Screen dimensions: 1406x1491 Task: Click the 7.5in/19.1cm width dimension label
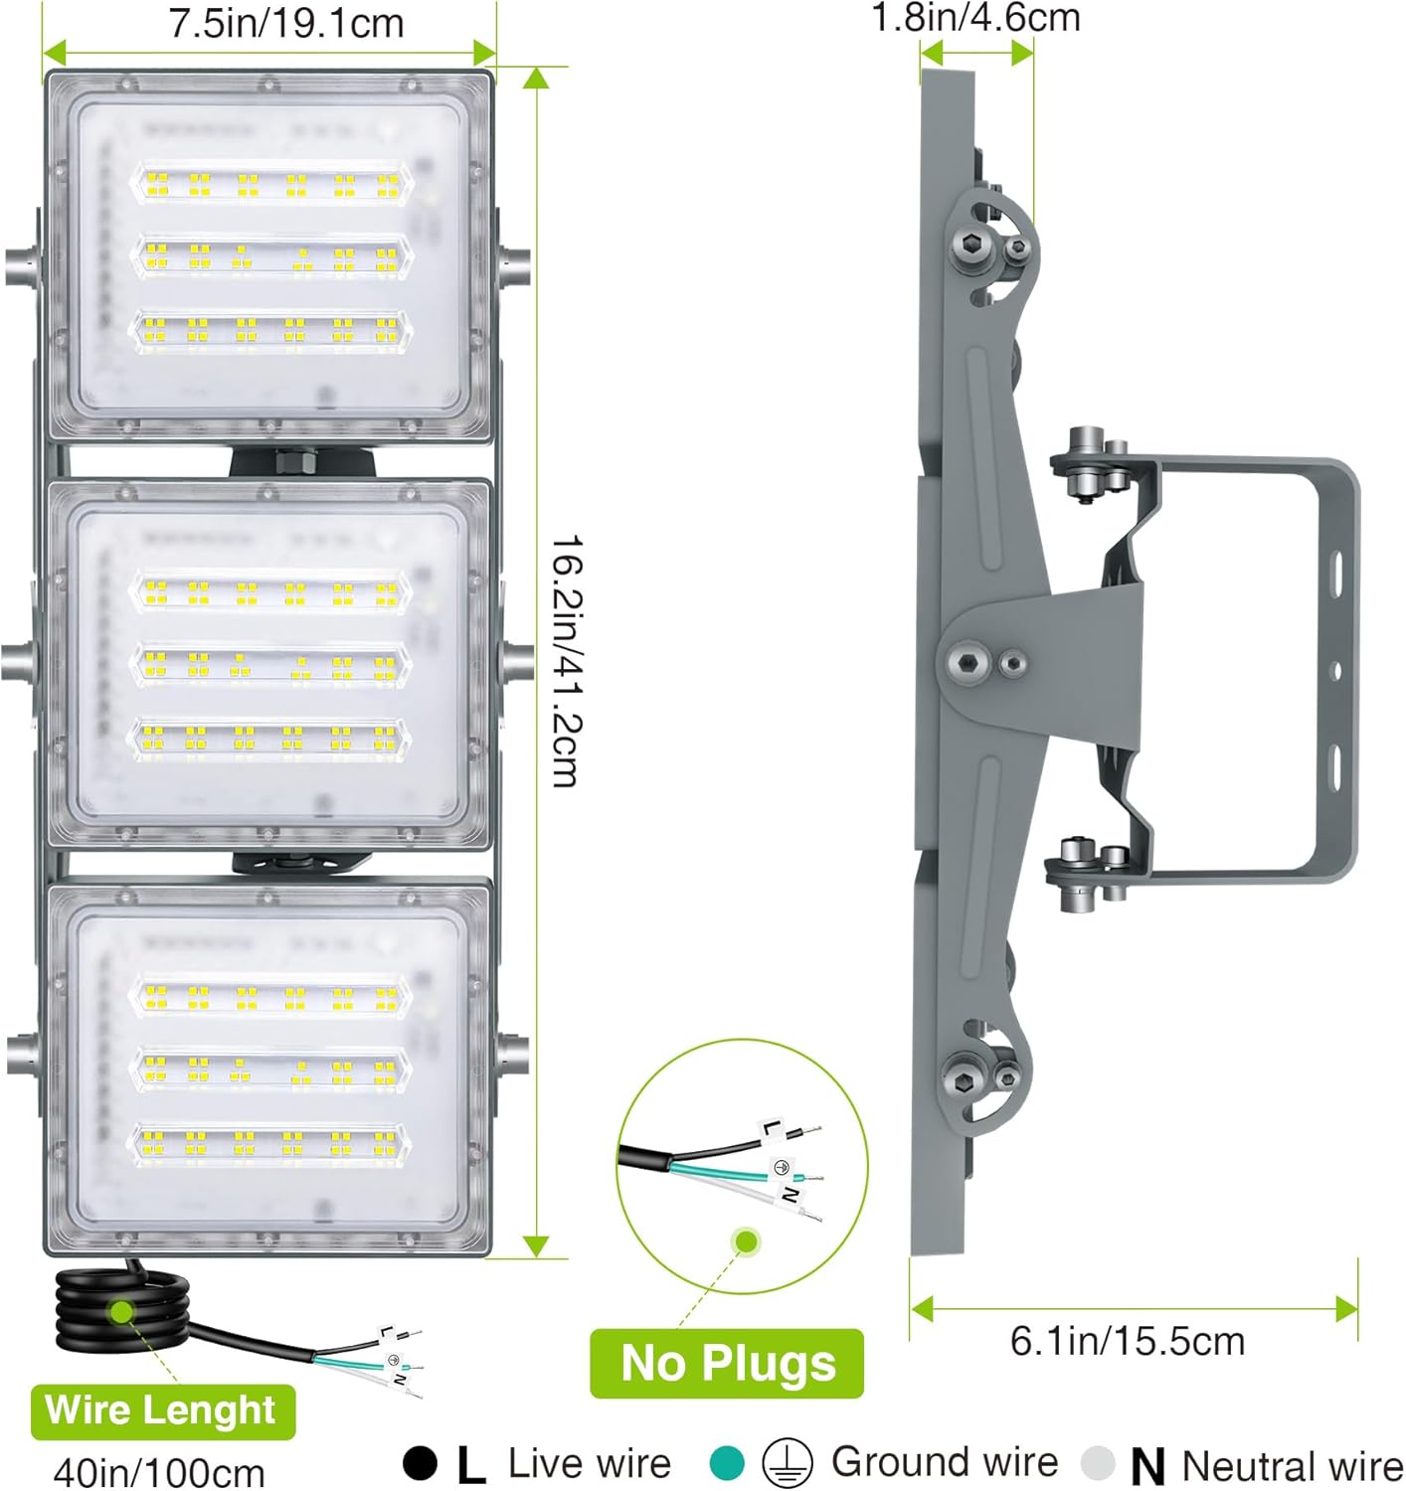(286, 23)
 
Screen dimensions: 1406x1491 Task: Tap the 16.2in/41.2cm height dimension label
(565, 660)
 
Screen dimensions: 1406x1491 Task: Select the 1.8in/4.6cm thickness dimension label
(975, 17)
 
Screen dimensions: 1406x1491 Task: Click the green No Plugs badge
(726, 1363)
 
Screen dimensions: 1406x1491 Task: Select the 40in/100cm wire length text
(159, 1472)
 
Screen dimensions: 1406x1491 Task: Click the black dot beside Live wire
(420, 1462)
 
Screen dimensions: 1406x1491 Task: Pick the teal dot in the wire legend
(726, 1462)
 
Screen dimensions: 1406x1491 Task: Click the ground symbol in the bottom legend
(788, 1462)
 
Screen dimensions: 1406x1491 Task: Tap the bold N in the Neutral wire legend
(1146, 1465)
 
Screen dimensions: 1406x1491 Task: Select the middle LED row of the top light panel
(271, 256)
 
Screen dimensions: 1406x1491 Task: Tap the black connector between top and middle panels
(302, 460)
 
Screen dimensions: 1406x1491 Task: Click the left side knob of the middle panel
(18, 662)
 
